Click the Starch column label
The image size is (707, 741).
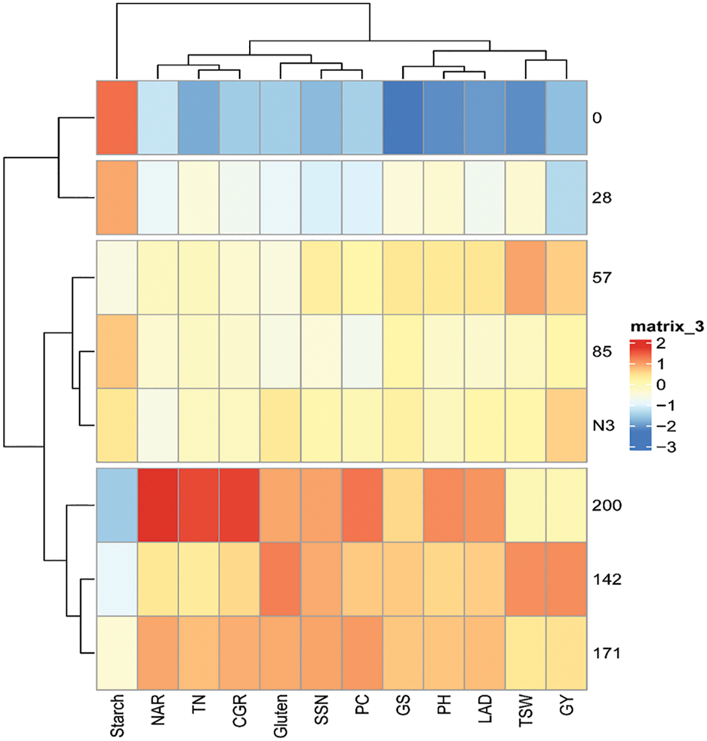click(117, 716)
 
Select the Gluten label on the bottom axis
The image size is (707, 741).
click(280, 716)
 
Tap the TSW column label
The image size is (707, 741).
click(526, 711)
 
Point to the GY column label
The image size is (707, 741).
click(567, 706)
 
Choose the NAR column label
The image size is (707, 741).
click(158, 710)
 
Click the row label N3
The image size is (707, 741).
click(603, 426)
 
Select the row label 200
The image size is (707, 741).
click(607, 505)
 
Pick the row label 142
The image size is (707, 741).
click(607, 579)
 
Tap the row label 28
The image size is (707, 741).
click(602, 198)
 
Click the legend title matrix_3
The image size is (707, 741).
click(667, 326)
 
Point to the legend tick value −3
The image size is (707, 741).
click(666, 447)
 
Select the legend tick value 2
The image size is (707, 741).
click(660, 343)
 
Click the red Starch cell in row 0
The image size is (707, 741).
click(117, 117)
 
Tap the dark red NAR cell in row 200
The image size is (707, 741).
click(158, 505)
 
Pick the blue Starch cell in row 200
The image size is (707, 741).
click(117, 505)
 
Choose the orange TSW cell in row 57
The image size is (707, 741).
click(526, 278)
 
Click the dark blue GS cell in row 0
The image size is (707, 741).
click(403, 117)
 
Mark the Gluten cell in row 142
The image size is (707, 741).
click(280, 579)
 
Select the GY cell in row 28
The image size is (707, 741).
click(567, 198)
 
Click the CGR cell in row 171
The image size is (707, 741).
click(240, 653)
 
